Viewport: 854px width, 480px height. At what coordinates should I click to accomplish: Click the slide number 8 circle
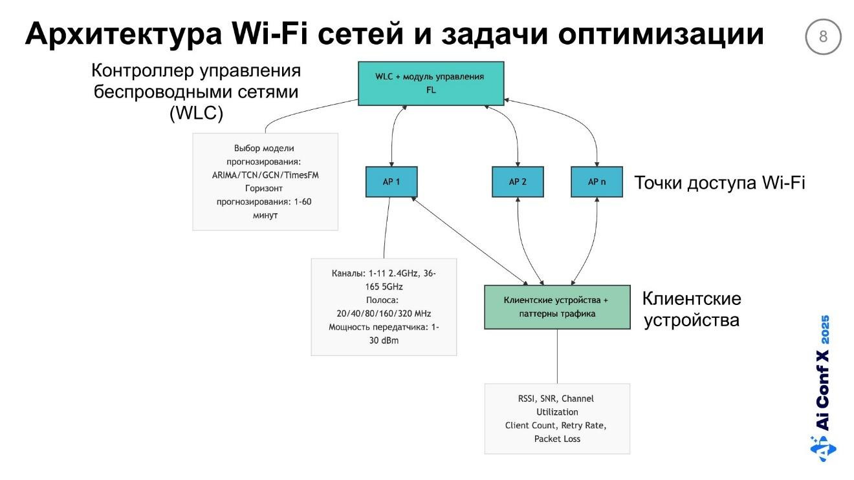pos(823,37)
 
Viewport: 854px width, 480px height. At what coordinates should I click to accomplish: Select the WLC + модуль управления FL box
pos(430,83)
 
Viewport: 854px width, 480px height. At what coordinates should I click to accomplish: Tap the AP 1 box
pos(391,182)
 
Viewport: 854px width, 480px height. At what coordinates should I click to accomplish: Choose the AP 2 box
pos(518,182)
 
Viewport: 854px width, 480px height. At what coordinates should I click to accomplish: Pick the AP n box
pos(597,182)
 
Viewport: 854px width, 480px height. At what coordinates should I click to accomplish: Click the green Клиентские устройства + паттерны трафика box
pos(556,307)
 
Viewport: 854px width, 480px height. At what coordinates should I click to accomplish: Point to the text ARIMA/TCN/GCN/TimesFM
pos(265,175)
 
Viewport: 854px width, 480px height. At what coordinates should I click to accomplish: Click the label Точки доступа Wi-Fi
pos(719,183)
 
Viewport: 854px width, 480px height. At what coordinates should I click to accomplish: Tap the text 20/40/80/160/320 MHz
pos(384,313)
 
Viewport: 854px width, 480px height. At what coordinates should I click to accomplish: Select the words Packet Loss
pos(557,439)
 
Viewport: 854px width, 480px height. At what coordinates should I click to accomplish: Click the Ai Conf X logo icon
pos(823,447)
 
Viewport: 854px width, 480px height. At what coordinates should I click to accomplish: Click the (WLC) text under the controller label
pos(196,113)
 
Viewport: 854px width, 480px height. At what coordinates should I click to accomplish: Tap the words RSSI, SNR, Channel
pos(556,399)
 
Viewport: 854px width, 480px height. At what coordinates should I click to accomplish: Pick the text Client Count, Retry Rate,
pos(556,425)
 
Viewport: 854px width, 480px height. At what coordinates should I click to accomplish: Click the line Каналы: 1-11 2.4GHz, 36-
pos(384,273)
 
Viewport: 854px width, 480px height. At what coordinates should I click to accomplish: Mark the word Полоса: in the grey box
pos(384,300)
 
